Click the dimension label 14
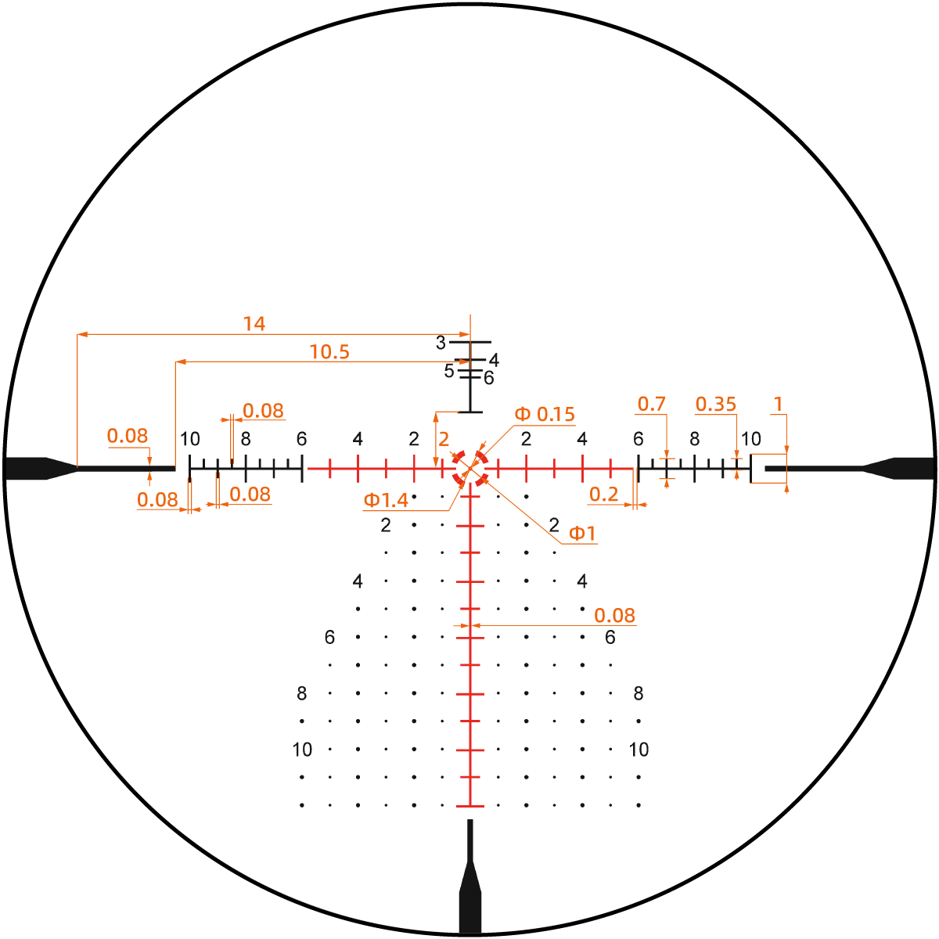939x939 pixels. point(254,323)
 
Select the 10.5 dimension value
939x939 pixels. point(329,352)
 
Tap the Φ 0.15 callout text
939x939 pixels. point(545,414)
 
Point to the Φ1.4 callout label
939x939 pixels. point(386,500)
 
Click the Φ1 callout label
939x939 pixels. point(582,534)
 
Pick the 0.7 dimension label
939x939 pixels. point(651,404)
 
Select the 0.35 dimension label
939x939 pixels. point(716,404)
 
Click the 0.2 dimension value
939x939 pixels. point(603,495)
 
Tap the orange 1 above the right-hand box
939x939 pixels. point(778,404)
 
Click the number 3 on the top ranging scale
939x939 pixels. point(441,343)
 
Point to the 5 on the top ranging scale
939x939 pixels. point(449,371)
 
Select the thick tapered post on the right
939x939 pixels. point(900,468)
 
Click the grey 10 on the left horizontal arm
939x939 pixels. point(190,439)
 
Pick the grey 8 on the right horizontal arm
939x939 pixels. point(695,439)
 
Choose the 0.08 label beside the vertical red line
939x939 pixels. point(614,616)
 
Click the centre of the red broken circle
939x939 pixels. point(470,469)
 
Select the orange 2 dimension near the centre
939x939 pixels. point(444,439)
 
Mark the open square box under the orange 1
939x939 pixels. point(768,468)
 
